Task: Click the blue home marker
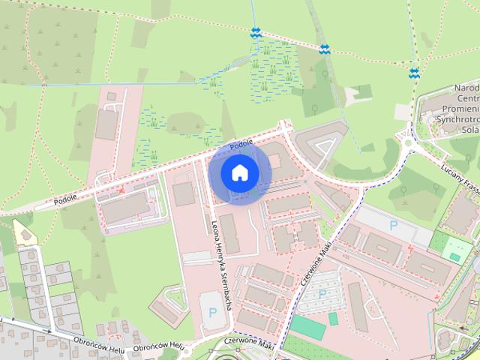click(239, 173)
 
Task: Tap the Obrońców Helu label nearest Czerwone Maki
click(158, 346)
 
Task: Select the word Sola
click(470, 129)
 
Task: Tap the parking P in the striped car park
click(322, 294)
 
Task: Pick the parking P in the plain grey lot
click(393, 224)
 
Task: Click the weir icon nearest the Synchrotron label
click(414, 73)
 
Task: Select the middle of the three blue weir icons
click(324, 49)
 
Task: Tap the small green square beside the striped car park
click(333, 319)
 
